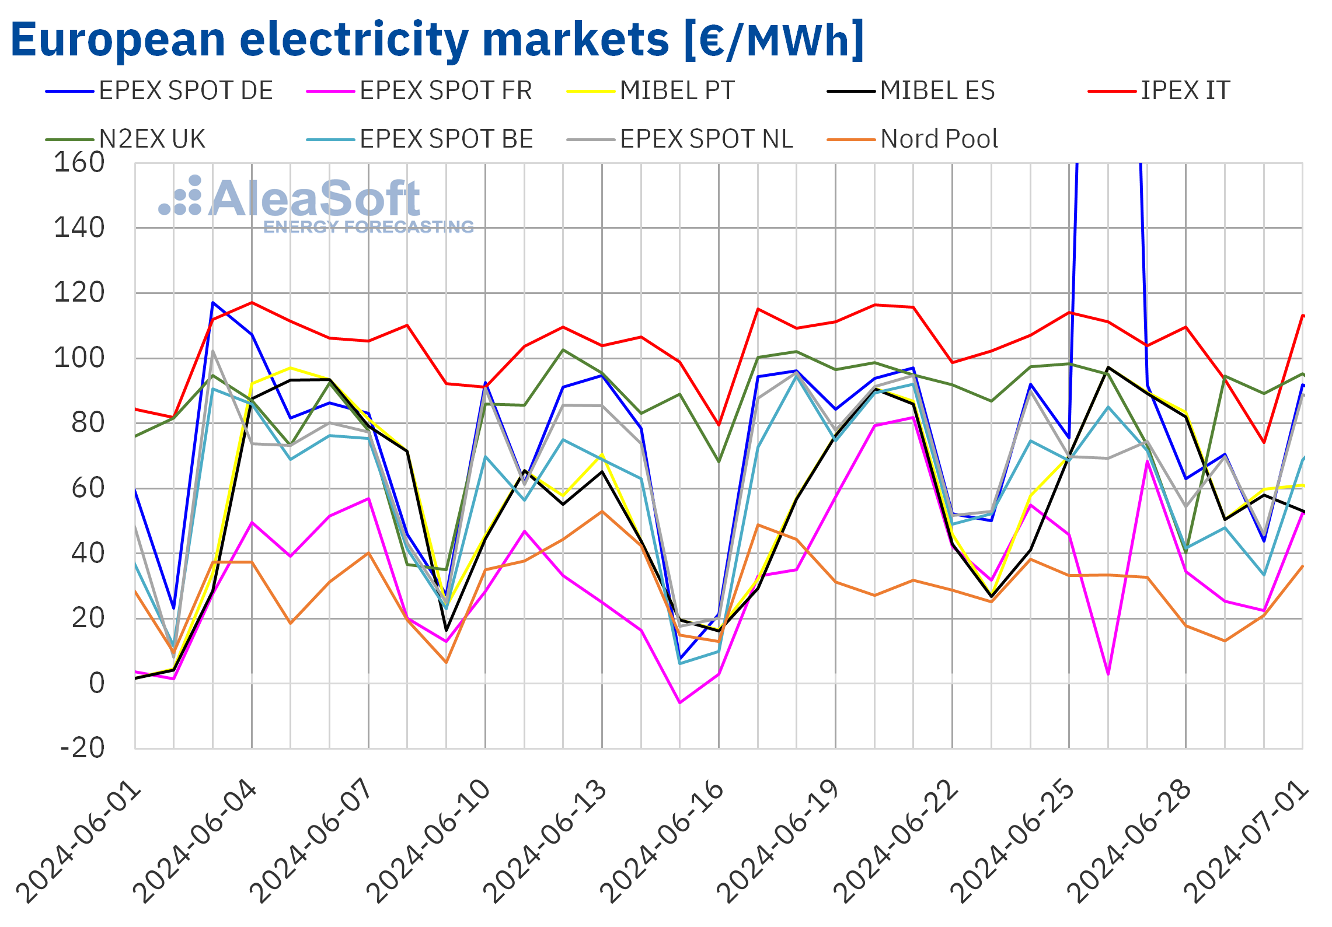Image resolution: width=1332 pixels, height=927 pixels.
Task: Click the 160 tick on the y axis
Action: (x=79, y=163)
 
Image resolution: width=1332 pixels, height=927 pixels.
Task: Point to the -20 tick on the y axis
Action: (x=82, y=748)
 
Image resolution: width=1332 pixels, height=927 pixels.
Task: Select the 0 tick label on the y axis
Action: (x=96, y=683)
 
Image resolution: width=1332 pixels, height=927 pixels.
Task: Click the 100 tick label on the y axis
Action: (x=79, y=358)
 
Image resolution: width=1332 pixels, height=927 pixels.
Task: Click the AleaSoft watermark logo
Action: (x=316, y=204)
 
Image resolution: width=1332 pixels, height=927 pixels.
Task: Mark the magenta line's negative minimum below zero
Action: (x=680, y=702)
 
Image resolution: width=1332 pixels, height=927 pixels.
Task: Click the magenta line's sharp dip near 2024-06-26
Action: (x=1108, y=674)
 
